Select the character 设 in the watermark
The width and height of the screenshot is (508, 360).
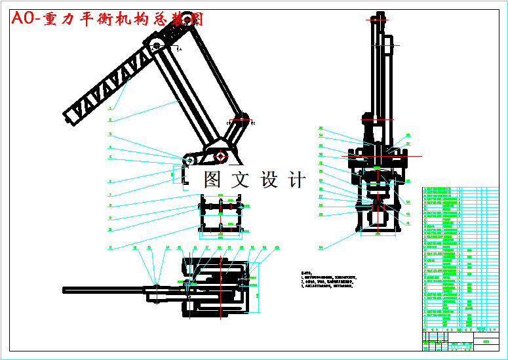tap(269, 179)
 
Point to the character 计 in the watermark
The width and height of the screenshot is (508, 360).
tap(296, 179)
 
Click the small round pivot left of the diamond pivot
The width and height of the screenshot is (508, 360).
tap(189, 160)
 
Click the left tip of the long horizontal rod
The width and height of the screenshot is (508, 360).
tap(64, 290)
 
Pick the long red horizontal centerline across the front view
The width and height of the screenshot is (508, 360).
tap(378, 156)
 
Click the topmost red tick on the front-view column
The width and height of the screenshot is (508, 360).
tap(378, 20)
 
